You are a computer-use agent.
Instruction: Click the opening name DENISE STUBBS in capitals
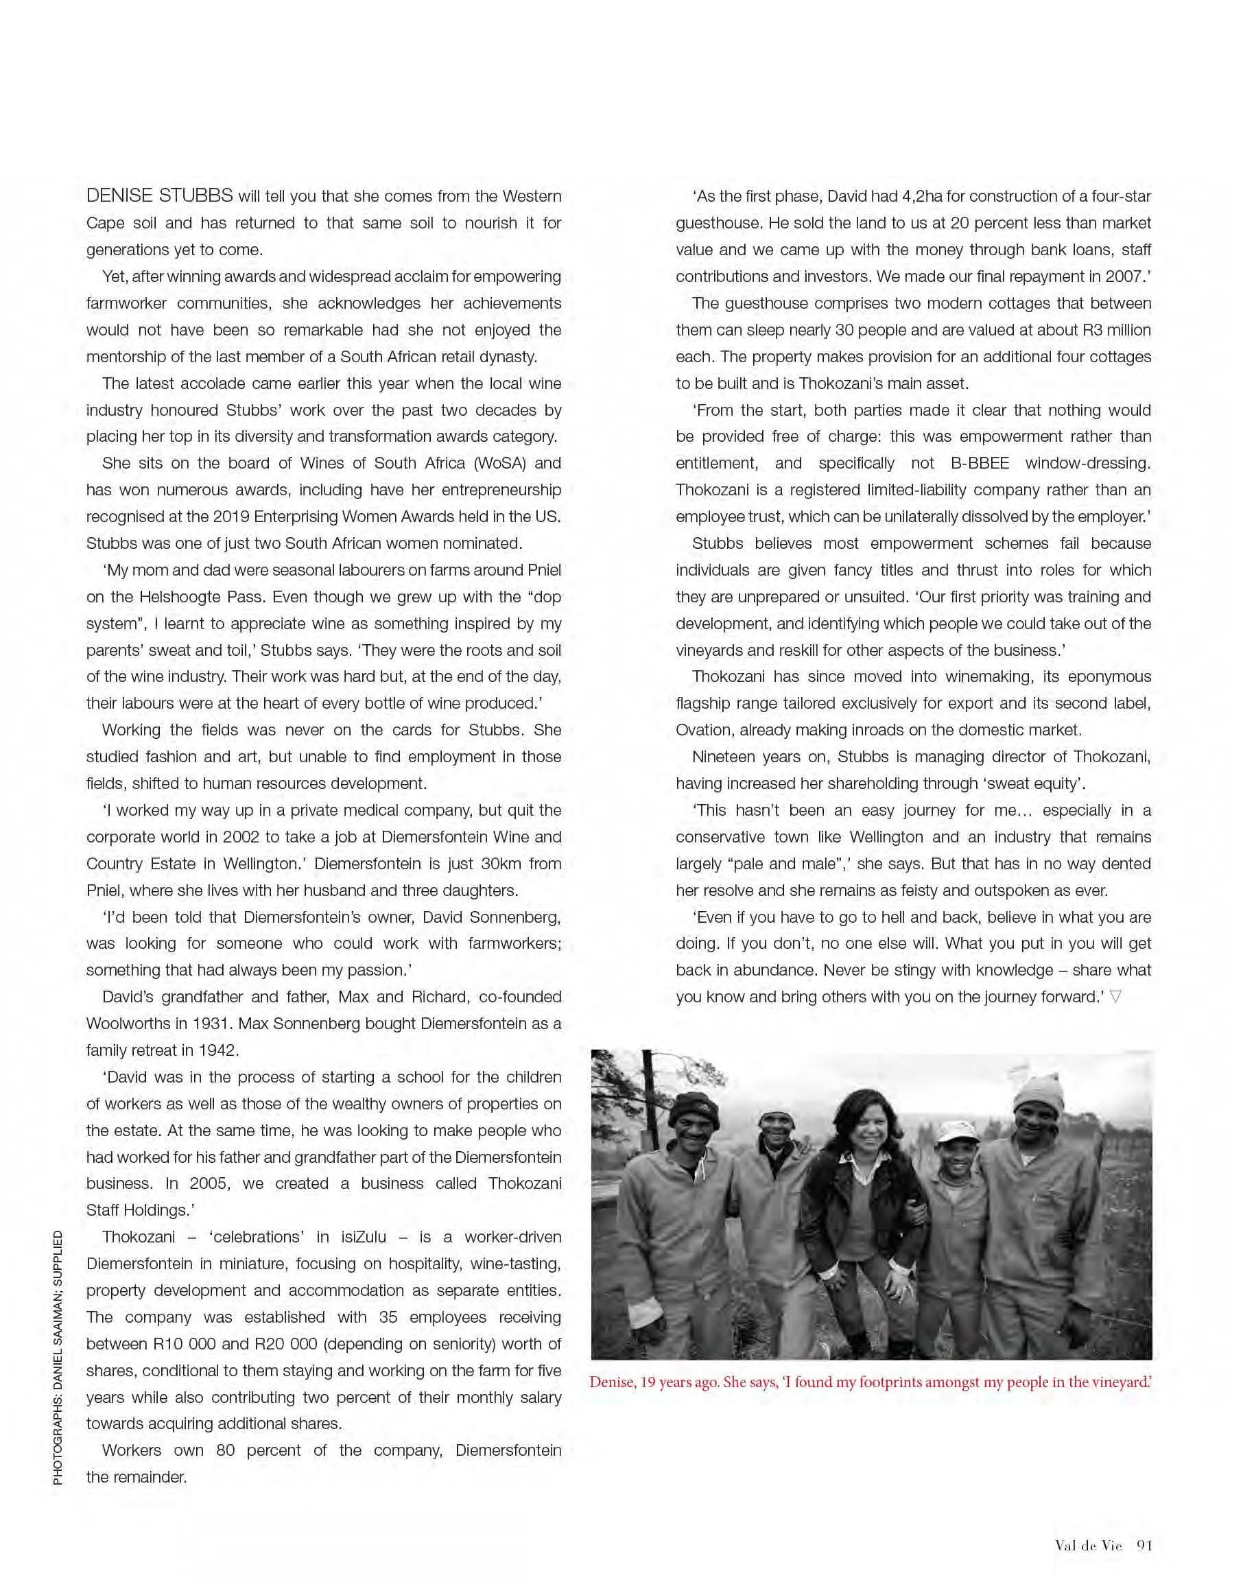click(x=160, y=196)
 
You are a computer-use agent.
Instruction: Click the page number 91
click(x=1143, y=1545)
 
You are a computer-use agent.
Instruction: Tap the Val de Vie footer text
click(x=1088, y=1545)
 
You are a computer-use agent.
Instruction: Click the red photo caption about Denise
click(x=871, y=1382)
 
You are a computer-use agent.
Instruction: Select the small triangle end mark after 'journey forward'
click(x=1115, y=996)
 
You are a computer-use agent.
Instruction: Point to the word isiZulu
click(x=364, y=1237)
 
